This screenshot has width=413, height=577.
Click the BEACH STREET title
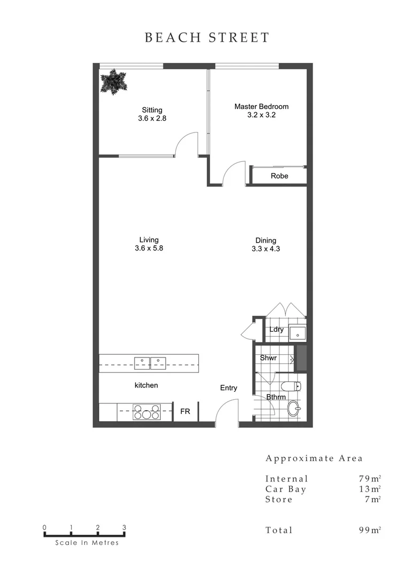pos(207,38)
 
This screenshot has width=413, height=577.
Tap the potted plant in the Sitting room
pos(114,83)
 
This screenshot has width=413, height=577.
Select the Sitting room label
pos(152,110)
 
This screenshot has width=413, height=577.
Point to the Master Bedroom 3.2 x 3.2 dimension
pos(261,115)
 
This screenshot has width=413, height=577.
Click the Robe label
pos(279,176)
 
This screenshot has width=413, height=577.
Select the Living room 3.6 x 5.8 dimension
pos(149,248)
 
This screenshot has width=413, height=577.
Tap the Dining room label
pos(266,240)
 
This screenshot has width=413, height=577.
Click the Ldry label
pos(276,330)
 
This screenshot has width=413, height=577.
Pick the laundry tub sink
pos(297,333)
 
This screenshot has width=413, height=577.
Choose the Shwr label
pos(268,358)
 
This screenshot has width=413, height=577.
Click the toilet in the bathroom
pos(292,386)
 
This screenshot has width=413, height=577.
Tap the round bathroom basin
pos(294,410)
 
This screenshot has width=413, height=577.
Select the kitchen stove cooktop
pos(146,412)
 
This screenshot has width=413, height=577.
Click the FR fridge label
pos(185,412)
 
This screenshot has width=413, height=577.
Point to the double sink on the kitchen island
pos(150,363)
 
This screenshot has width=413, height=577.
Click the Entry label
pos(229,388)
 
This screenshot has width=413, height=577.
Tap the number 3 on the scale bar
pos(124,527)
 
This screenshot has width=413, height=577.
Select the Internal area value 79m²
pos(370,479)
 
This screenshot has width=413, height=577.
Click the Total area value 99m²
pos(370,530)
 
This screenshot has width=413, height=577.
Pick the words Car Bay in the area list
pos(286,489)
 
